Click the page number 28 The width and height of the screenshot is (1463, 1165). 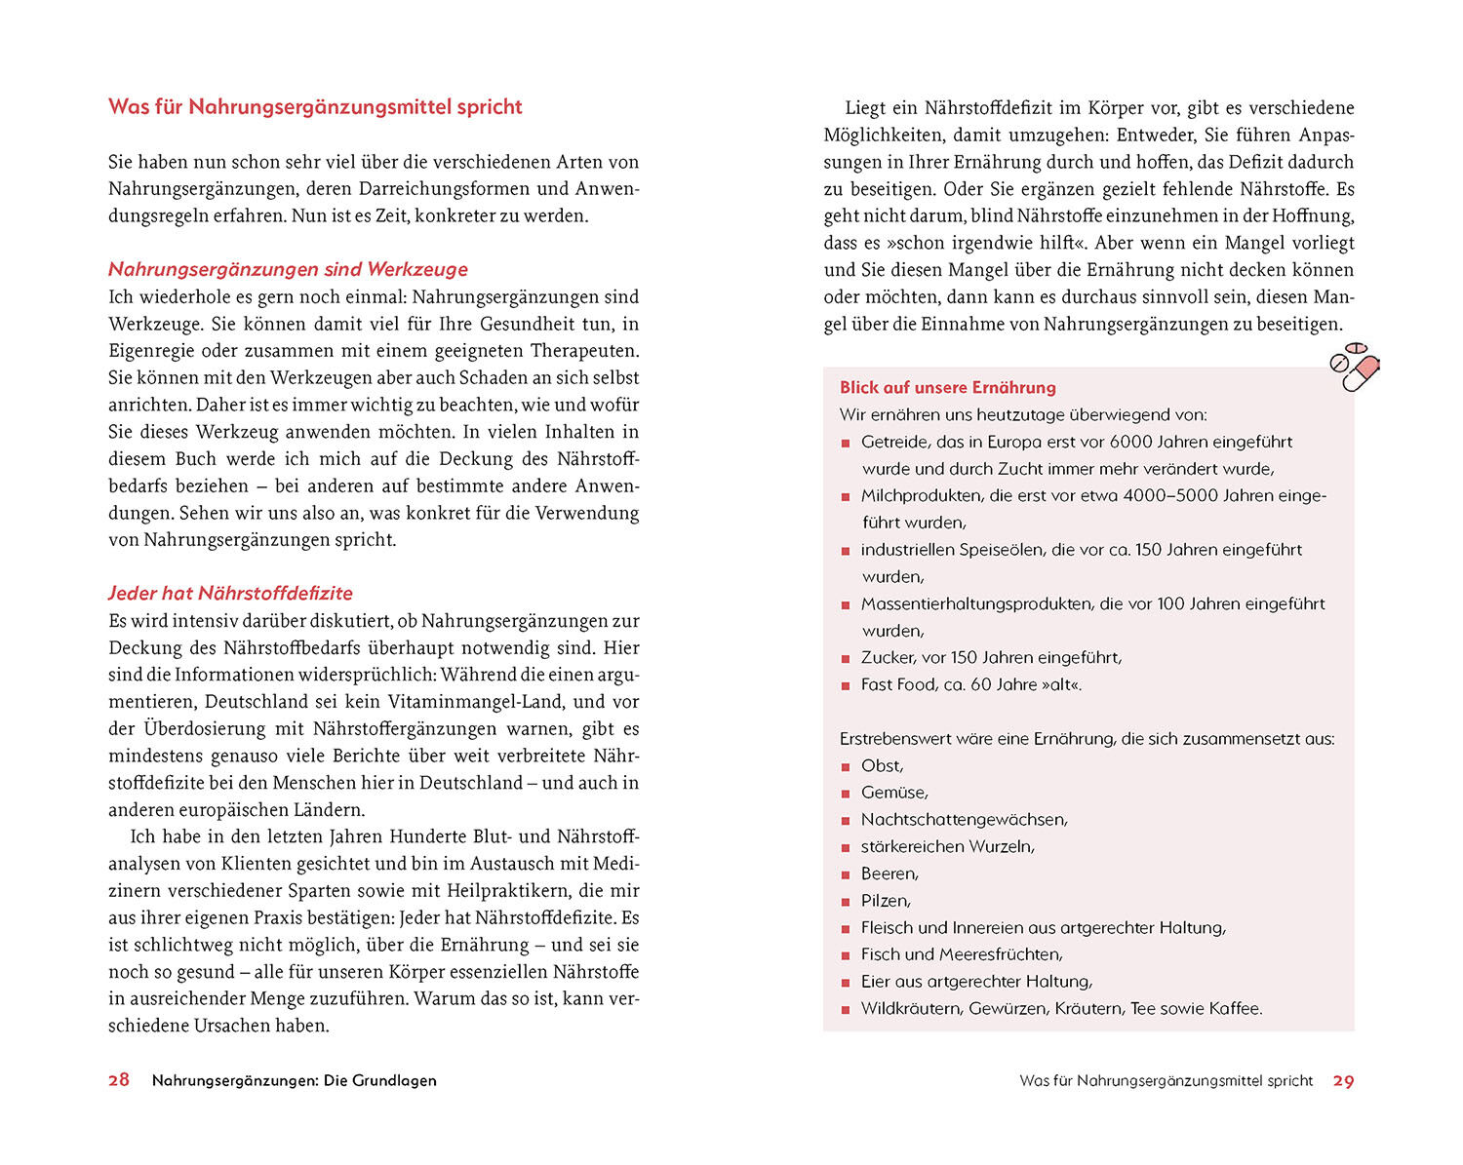pos(119,1080)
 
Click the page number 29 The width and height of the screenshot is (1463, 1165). pos(1343,1081)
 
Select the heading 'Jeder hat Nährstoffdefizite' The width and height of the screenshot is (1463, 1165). pos(230,593)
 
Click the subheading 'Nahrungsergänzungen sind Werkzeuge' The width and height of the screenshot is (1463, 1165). pos(288,269)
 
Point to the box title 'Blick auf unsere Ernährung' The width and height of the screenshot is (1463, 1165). pos(948,387)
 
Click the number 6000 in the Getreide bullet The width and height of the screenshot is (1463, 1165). pos(1132,442)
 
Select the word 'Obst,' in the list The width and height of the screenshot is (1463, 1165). pos(882,765)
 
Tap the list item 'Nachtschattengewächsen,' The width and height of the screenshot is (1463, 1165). pos(964,820)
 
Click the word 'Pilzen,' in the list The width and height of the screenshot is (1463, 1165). pos(886,901)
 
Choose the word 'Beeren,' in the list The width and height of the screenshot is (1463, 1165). pos(890,874)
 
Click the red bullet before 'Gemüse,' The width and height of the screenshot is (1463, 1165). pos(846,794)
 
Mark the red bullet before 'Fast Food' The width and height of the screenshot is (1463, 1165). pos(846,685)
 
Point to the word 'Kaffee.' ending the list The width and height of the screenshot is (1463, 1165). pos(1236,1009)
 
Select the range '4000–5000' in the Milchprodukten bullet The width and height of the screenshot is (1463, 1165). pos(1170,495)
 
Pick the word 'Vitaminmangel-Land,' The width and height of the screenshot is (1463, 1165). pos(475,702)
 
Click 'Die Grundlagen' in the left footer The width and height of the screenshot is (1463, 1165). pos(380,1080)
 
